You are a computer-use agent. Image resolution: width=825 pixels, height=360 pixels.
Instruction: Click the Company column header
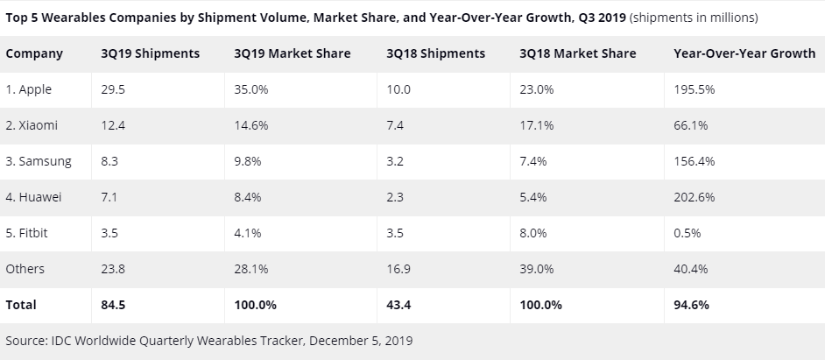pos(34,53)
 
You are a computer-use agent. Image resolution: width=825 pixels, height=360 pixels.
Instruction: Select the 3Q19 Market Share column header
pos(292,53)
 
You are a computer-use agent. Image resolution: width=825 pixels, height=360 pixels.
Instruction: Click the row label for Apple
pos(31,89)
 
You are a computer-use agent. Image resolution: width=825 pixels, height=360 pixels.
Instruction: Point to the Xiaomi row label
pos(32,125)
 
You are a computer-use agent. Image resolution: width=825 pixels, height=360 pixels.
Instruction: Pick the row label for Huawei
pos(35,197)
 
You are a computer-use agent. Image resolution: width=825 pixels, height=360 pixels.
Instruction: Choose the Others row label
pos(25,269)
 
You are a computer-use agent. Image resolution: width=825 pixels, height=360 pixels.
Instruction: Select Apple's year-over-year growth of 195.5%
pos(693,89)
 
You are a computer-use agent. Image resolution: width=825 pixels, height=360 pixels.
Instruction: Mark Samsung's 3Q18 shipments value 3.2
pos(395,161)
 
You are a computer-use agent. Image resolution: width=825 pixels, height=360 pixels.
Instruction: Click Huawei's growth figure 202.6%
pos(693,197)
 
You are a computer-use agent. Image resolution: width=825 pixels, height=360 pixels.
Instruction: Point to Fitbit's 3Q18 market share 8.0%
pos(533,233)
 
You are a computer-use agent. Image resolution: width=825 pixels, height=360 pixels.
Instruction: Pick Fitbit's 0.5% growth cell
pos(686,233)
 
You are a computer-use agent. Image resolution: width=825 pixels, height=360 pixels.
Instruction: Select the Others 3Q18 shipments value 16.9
pos(398,269)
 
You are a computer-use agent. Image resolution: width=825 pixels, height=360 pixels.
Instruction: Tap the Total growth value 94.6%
pos(691,305)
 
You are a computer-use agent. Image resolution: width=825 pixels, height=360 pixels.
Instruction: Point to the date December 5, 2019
pos(360,340)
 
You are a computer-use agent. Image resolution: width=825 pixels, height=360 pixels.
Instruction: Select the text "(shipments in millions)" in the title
pos(694,17)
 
